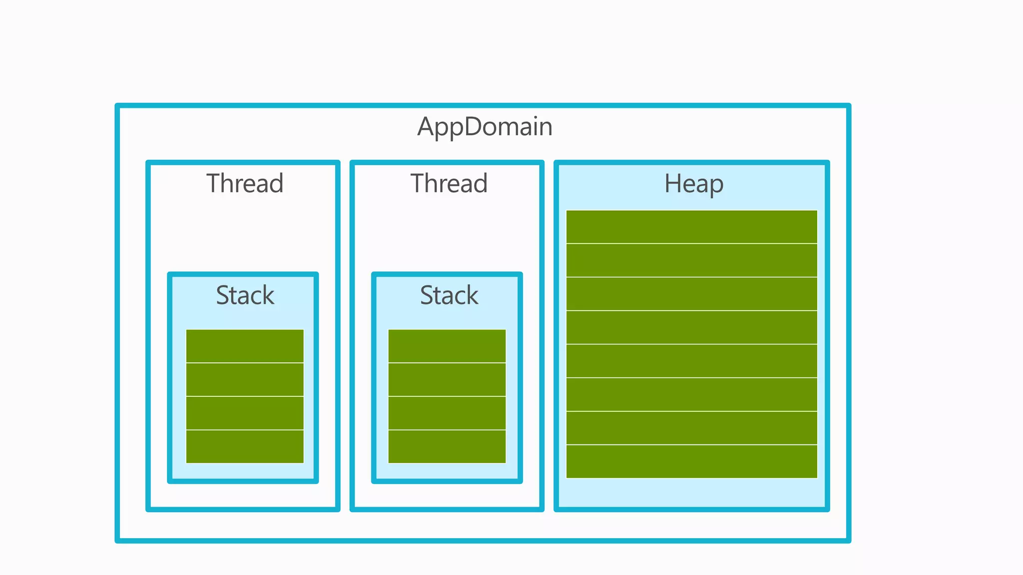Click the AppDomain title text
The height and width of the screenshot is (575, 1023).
coord(485,127)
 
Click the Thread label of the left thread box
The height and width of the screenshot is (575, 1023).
coord(245,183)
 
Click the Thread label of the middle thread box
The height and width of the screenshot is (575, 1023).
coord(449,183)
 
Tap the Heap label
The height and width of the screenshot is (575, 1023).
coord(693,184)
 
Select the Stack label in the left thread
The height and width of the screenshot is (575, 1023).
coord(245,295)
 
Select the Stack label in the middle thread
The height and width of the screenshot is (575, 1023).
coord(449,295)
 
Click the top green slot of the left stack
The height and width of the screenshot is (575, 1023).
coord(245,346)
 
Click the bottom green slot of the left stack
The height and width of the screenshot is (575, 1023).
coord(245,446)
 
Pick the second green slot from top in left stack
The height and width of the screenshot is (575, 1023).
coord(245,379)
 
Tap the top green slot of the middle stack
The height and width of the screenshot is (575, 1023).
coord(447,346)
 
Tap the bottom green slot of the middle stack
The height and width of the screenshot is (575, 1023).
coord(447,446)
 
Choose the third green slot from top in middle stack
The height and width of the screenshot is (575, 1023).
coord(447,413)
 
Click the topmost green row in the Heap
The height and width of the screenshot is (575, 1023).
coord(691,227)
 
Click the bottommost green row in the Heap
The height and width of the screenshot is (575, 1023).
coord(691,461)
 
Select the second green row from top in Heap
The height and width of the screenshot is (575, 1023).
coord(691,260)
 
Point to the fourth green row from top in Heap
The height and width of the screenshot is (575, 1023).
coord(691,327)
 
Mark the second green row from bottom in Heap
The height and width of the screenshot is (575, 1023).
coord(691,428)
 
